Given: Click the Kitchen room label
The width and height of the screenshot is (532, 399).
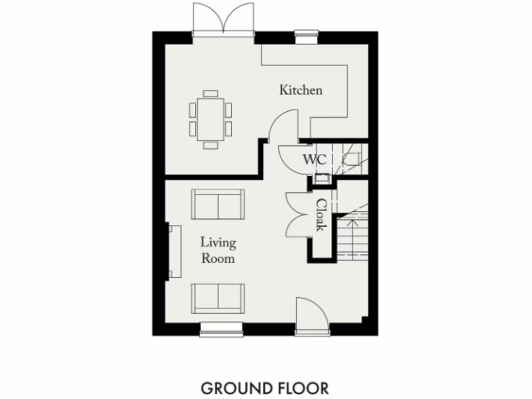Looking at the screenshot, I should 301,90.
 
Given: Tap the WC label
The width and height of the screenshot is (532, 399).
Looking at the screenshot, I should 314,159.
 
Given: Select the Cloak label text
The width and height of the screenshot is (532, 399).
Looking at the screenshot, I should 322,215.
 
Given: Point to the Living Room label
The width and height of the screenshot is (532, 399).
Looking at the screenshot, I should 218,250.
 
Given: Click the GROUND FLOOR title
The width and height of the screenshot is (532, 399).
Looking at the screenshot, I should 264,388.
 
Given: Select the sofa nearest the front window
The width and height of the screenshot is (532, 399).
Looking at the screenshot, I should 218,298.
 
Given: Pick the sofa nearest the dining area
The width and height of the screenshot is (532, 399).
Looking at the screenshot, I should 218,204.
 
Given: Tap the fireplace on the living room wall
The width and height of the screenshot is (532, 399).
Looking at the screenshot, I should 174,251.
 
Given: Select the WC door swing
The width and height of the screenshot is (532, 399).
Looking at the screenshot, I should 291,156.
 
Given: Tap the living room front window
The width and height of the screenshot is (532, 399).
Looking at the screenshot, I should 221,328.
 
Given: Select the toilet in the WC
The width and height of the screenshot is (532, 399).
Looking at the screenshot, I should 353,159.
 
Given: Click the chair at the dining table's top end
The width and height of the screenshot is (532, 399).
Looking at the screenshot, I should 211,93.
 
